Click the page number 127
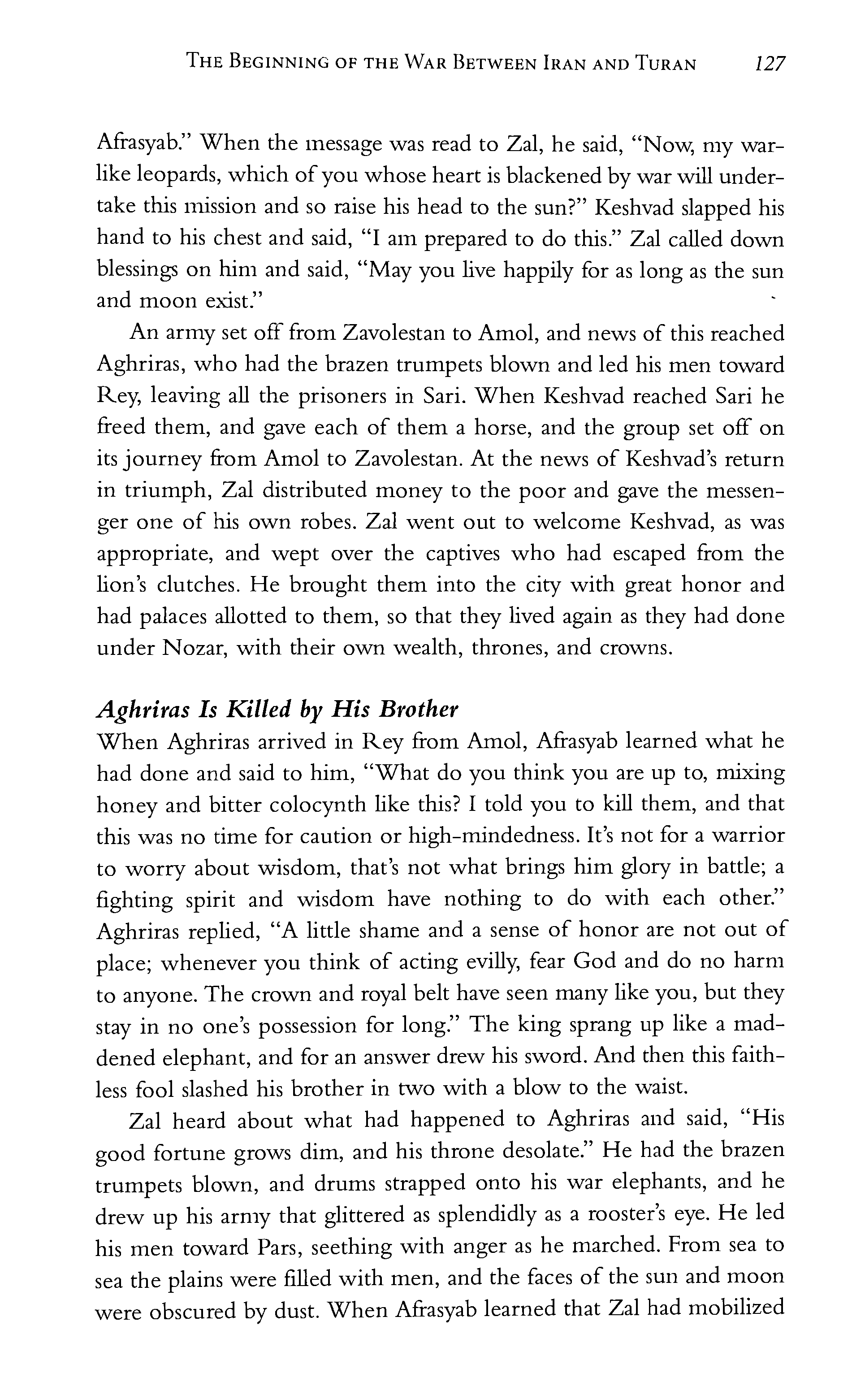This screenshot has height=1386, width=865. pos(770,64)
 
